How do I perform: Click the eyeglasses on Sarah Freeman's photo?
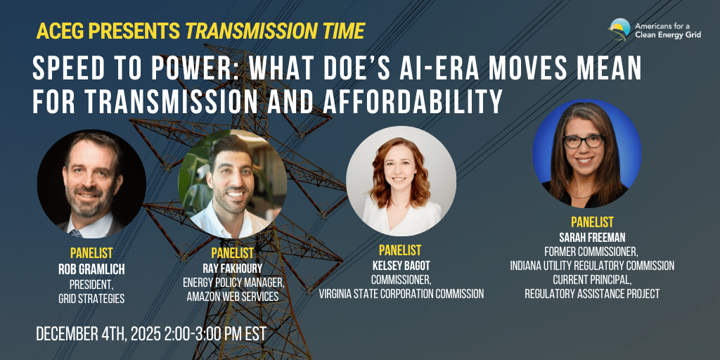[583, 141]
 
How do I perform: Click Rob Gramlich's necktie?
[76, 233]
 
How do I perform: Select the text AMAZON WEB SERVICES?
[232, 297]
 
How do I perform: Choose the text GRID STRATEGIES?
[91, 298]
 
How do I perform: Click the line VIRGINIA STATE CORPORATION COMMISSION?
[401, 294]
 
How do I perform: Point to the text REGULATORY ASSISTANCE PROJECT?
[592, 294]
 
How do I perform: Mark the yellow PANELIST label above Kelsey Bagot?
[400, 250]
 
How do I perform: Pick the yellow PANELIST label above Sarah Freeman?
[592, 222]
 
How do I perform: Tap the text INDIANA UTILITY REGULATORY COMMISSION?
[592, 266]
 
